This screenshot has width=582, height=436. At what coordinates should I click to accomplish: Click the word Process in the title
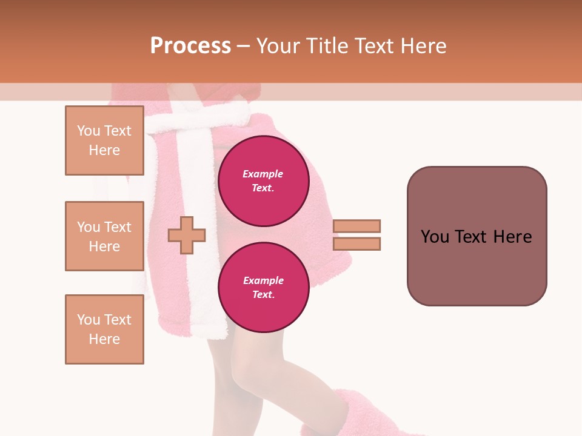pos(190,46)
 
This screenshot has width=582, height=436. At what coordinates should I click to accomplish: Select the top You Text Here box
pos(104,140)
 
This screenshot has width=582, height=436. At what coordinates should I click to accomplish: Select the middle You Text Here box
pos(104,236)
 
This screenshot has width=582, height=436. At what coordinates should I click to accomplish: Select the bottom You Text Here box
pos(104,329)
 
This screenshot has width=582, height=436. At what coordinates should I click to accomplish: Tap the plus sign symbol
pos(187,234)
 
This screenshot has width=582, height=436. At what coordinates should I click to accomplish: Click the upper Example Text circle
pos(264,181)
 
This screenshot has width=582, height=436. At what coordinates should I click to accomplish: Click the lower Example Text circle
pos(264,288)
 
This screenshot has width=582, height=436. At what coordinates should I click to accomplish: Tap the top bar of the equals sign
pos(356,226)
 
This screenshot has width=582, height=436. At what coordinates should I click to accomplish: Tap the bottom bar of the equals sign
pos(356,243)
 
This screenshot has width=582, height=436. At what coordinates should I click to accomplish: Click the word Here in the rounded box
pos(512,237)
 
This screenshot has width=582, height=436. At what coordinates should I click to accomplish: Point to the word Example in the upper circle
pos(263,174)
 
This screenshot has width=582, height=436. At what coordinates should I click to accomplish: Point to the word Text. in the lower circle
pos(263,295)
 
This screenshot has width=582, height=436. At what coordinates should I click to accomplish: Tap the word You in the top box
pos(89,131)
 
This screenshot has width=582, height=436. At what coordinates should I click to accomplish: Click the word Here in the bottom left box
pos(104,339)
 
